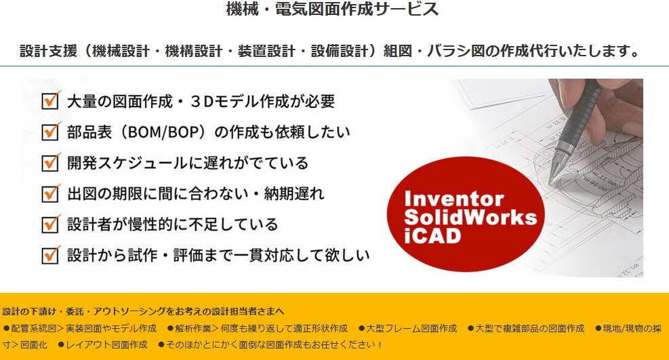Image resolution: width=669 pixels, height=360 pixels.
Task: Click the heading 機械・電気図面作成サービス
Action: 332,9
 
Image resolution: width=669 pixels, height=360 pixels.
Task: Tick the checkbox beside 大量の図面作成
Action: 51,100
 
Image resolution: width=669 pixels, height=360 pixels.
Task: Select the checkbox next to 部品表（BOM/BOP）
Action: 51,131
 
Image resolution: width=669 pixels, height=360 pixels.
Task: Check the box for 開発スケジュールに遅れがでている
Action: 51,162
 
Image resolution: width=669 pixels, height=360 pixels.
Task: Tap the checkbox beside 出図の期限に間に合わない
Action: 51,193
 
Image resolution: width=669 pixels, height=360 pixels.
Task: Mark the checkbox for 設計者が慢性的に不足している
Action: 51,224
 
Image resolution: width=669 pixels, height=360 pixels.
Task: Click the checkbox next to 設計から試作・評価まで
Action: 51,255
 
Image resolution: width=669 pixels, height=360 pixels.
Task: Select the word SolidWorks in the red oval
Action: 470,217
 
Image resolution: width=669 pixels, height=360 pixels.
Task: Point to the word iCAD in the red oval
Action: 432,235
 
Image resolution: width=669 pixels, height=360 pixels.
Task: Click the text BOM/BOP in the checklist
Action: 163,132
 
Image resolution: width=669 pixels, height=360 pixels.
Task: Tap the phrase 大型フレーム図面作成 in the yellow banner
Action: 411,328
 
